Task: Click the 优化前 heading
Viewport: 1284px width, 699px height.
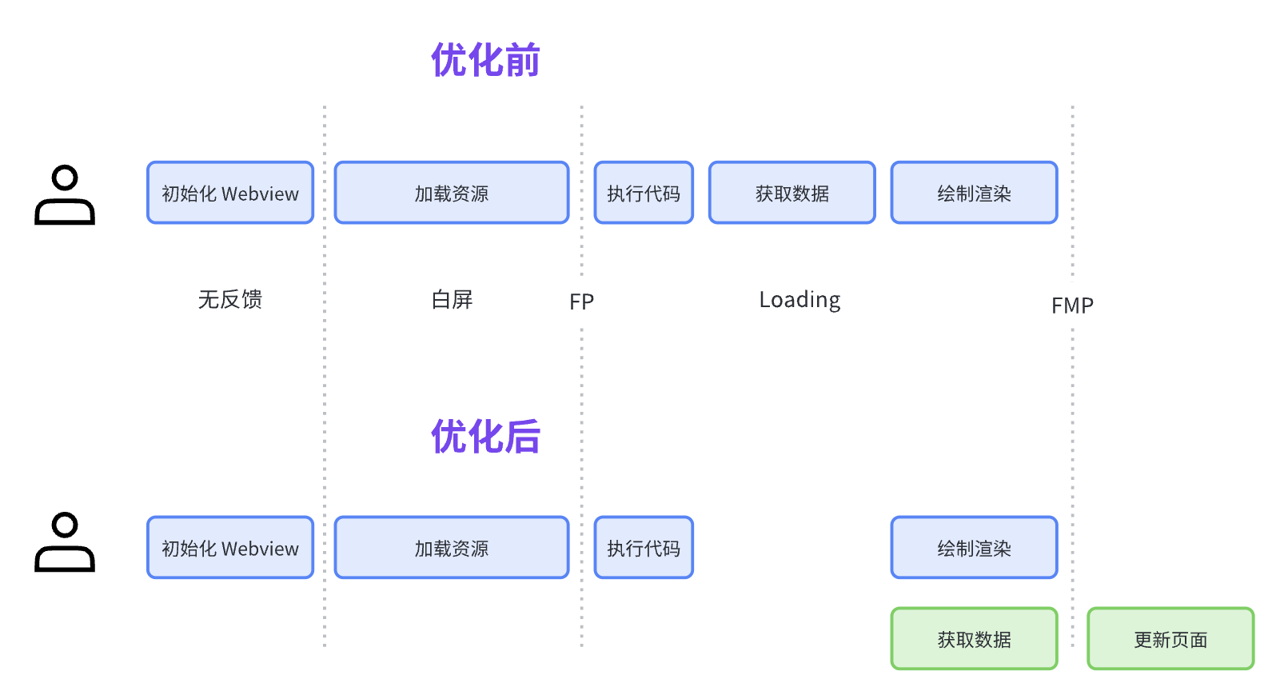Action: pos(485,61)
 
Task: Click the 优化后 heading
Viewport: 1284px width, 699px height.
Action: pos(485,437)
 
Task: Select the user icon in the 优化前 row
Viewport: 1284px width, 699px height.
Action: pos(65,195)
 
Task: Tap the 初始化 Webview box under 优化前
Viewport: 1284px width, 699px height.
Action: pos(230,193)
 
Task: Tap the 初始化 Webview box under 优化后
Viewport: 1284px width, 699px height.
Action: pos(230,548)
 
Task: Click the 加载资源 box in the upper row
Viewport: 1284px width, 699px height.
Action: pos(452,193)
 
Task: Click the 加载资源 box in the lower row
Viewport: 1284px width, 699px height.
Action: pos(452,548)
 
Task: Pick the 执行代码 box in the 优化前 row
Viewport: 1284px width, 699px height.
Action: pos(644,193)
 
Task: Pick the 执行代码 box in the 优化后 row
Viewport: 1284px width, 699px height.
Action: pos(644,548)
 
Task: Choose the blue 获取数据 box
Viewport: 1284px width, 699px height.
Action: pos(792,193)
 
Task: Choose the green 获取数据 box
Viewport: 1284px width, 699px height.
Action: pos(974,639)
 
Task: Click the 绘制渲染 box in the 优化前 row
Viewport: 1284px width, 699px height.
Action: pos(974,193)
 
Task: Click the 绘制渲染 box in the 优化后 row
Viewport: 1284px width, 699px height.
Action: pos(974,548)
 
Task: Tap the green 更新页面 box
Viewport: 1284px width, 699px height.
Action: pos(1170,639)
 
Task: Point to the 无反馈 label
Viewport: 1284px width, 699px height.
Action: pos(230,299)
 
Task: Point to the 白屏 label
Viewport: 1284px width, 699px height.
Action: pos(452,299)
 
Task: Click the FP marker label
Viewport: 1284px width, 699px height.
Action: pos(581,302)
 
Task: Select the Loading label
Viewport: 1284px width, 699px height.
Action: pos(800,300)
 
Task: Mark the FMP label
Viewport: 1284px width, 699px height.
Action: pos(1072,306)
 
